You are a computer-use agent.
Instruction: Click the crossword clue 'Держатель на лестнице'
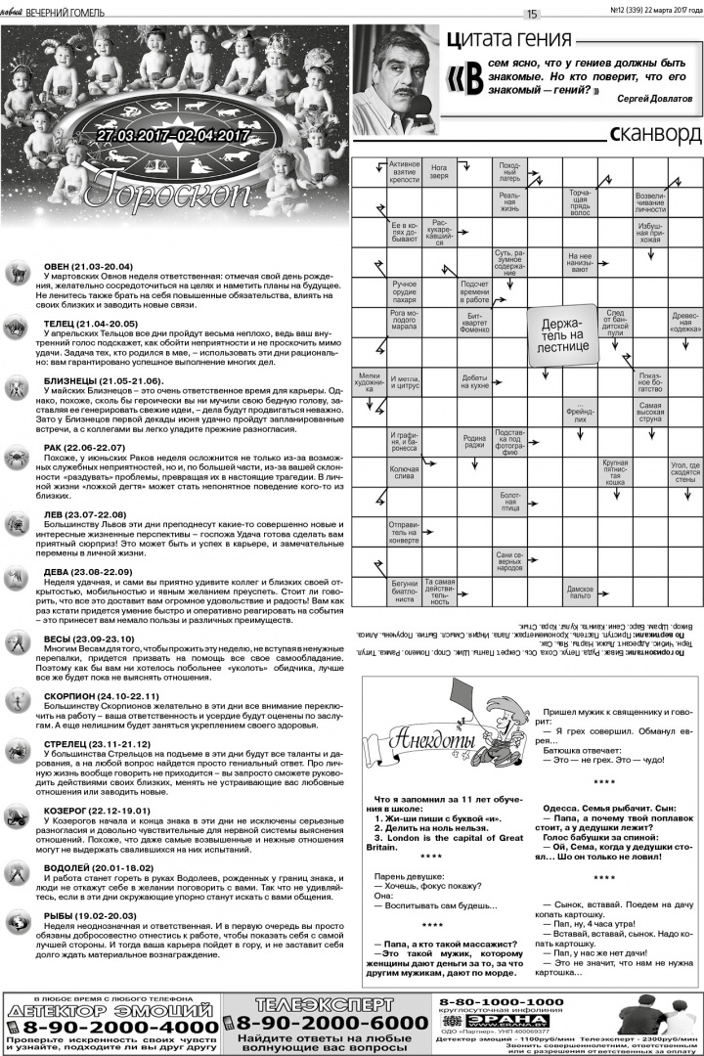(560, 333)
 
